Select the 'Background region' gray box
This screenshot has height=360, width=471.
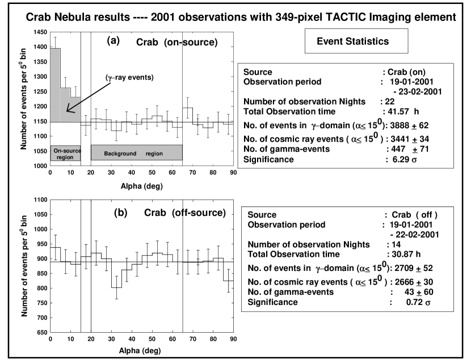click(137, 153)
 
